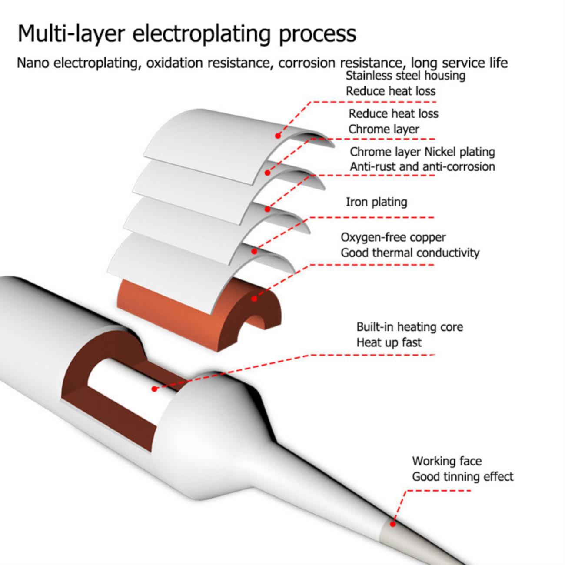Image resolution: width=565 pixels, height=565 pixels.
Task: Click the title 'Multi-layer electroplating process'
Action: pos(187,34)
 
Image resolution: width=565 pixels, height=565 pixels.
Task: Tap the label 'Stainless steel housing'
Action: pos(405,76)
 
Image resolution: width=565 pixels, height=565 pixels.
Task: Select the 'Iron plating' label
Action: pos(376,202)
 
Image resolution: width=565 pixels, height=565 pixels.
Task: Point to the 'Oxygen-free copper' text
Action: pos(393,238)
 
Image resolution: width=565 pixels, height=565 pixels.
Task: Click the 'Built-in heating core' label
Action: pos(409,327)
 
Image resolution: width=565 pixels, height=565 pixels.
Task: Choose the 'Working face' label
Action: pos(447,461)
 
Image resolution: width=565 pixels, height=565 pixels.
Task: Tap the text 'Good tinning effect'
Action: pos(462,476)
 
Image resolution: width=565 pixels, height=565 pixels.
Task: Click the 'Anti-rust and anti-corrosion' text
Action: pos(422,167)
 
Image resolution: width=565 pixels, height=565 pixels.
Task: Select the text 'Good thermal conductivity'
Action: pos(410,253)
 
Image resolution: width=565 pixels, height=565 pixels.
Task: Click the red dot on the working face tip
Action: pos(392,524)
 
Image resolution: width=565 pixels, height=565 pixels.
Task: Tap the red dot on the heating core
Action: pos(154,388)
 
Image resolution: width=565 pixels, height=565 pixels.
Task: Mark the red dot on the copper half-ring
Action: pos(254,299)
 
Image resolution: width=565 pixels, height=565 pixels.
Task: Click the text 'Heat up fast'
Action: pos(389,342)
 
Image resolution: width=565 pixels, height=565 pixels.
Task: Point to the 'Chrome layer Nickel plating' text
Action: pos(422,152)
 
